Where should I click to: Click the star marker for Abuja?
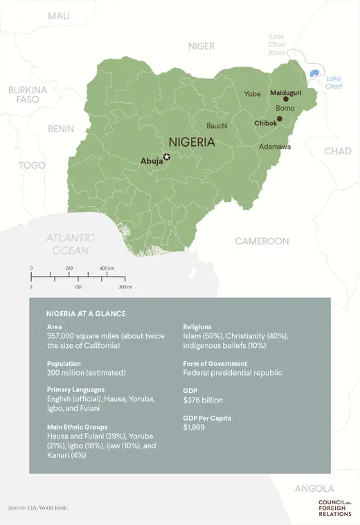point(166,157)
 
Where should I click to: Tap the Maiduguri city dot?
point(285,99)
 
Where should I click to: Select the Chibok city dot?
point(279,119)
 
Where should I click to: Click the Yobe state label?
point(252,93)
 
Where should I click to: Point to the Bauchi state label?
point(217,126)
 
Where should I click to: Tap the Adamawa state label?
point(275,147)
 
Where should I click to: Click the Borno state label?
point(285,109)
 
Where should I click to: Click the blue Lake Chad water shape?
point(315,73)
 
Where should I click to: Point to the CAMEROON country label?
point(262,241)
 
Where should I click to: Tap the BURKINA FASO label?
point(27,95)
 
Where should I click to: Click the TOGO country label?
point(32,165)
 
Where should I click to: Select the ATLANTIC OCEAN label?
point(70,244)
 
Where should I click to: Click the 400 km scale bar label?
point(107,268)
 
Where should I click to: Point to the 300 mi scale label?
point(125,286)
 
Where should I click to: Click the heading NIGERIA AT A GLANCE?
point(86,313)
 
